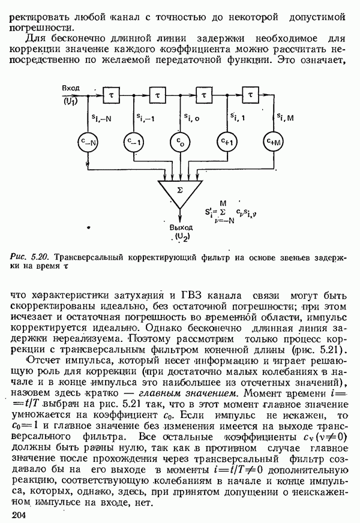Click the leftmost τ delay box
111,94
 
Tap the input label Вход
71,88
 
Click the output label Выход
181,229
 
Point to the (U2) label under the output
181,238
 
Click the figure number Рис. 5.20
28,257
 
